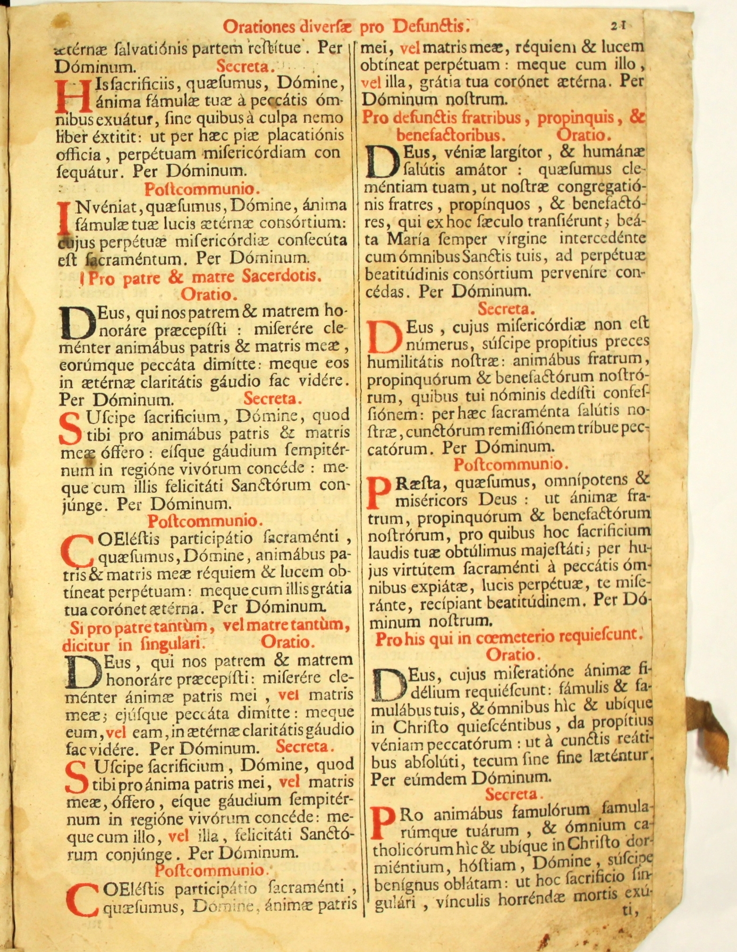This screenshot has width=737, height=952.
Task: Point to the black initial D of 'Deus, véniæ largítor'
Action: click(383, 162)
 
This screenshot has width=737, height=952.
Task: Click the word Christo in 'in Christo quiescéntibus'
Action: click(421, 726)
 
